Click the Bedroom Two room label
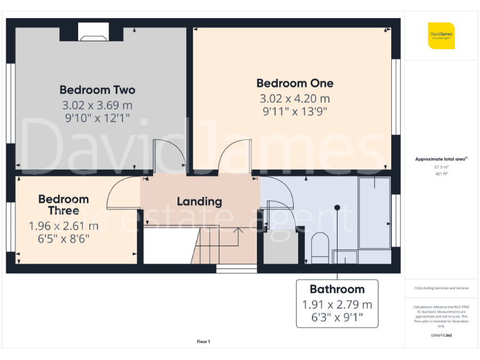coord(97,89)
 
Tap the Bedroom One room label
coord(294,83)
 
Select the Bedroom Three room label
coord(63,204)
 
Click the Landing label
coord(199,201)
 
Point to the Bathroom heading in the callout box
coord(337,289)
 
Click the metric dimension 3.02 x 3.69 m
coord(97,105)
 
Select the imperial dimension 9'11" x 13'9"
coord(294,112)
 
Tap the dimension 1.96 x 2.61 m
coord(63,226)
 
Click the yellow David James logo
coord(441,35)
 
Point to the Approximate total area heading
coord(441,159)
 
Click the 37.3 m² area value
coord(441,167)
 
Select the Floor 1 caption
coord(203,341)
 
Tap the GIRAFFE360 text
coord(441,336)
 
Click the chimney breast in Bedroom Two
coord(93,31)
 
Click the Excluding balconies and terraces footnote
coord(441,288)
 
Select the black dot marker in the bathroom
coord(337,207)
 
